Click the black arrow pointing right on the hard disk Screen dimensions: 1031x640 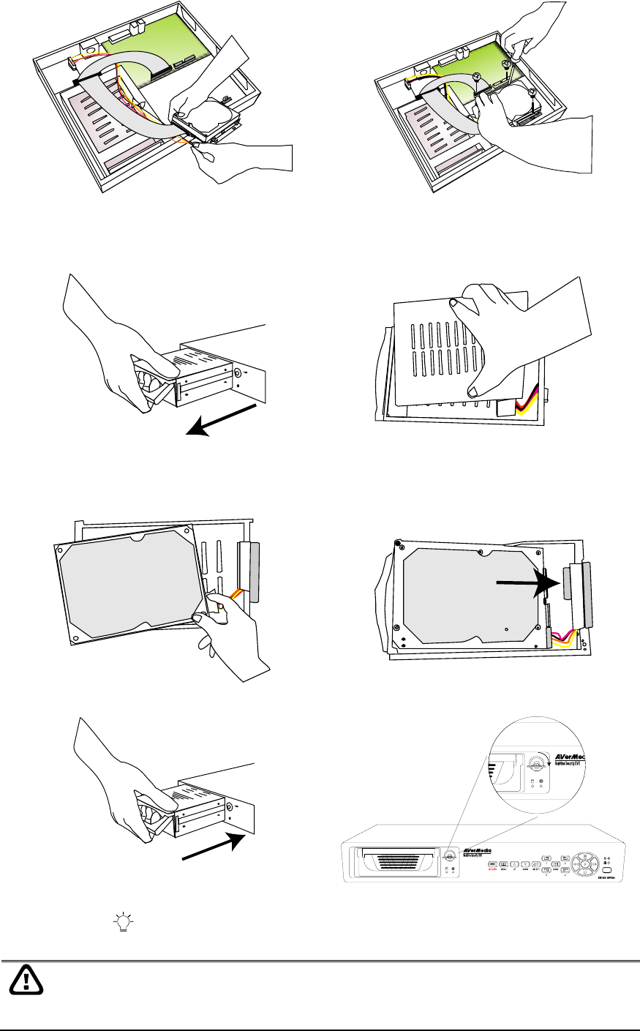tap(527, 583)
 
